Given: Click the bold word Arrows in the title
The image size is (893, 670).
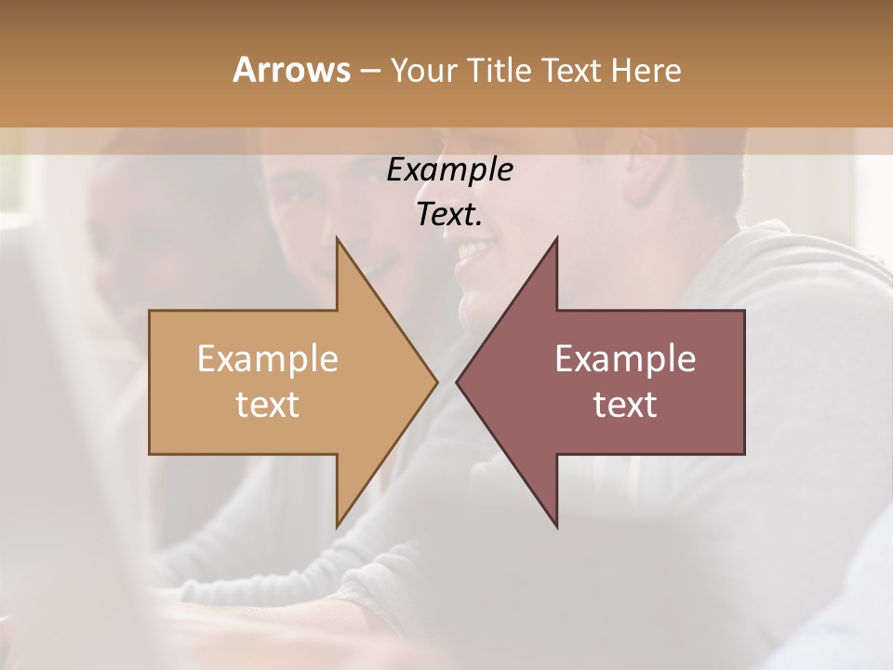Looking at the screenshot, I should tap(291, 70).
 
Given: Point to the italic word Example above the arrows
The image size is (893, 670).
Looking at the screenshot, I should tap(449, 169).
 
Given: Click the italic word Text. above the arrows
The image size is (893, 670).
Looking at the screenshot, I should tap(449, 214).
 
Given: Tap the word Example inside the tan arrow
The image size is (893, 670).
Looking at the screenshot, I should tap(267, 358).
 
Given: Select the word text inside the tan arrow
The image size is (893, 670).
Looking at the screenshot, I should tap(267, 404).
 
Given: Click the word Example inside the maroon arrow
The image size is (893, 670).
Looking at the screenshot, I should tap(625, 358).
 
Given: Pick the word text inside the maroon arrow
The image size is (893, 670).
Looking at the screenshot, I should tap(625, 404).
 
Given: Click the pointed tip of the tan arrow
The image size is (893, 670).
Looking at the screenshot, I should tap(436, 382).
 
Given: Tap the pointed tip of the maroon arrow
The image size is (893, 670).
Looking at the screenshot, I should tap(457, 382).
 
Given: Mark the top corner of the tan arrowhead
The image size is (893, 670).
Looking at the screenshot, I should tap(338, 238).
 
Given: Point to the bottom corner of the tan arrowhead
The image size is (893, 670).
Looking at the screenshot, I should tap(338, 526).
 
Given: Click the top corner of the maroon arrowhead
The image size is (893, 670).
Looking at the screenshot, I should tap(556, 238).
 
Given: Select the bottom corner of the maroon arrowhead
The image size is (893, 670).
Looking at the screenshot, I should tap(556, 526).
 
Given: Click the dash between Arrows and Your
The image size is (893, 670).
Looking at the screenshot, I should tap(369, 71).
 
